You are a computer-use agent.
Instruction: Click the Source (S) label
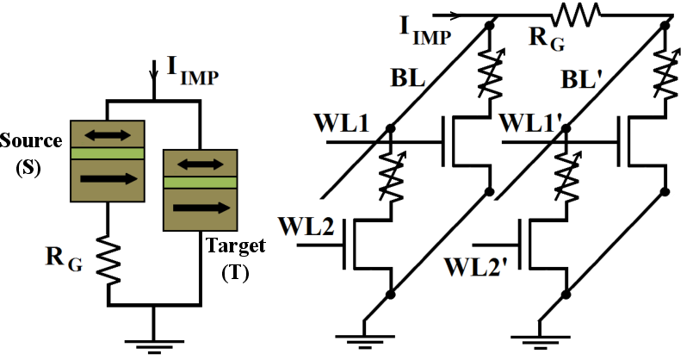29,152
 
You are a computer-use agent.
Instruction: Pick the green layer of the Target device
199,182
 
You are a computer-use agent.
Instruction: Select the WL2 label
305,227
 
